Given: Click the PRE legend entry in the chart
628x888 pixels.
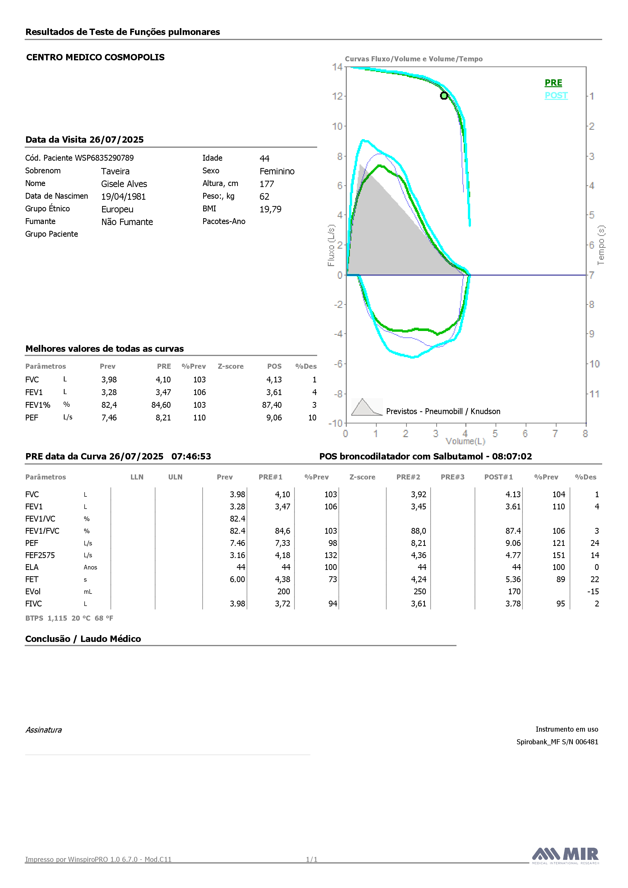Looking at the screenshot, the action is pyautogui.click(x=553, y=83).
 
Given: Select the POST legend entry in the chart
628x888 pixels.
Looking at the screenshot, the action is pyautogui.click(x=556, y=96).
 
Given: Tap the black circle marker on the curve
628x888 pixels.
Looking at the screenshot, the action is pyautogui.click(x=444, y=96).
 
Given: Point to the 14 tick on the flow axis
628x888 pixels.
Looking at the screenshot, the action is pyautogui.click(x=337, y=67).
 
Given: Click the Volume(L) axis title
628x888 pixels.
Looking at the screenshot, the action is pyautogui.click(x=465, y=441).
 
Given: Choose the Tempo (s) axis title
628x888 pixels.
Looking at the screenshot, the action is pyautogui.click(x=601, y=245).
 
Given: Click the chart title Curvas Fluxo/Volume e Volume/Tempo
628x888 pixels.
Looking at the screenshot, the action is pyautogui.click(x=414, y=59).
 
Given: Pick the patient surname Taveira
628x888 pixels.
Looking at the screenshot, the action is pyautogui.click(x=115, y=171).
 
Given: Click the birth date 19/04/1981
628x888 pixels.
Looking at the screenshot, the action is pyautogui.click(x=123, y=197).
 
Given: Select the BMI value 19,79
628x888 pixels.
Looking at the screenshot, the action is pyautogui.click(x=270, y=209).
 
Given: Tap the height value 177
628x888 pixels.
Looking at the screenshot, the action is pyautogui.click(x=267, y=184).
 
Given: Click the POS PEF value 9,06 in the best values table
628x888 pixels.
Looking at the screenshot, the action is pyautogui.click(x=274, y=418).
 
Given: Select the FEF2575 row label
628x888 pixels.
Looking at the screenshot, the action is pyautogui.click(x=40, y=556).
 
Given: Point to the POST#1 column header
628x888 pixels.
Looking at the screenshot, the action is pyautogui.click(x=499, y=477).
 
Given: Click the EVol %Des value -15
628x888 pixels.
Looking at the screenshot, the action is pyautogui.click(x=593, y=592).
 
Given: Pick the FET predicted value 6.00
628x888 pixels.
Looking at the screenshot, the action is pyautogui.click(x=237, y=579).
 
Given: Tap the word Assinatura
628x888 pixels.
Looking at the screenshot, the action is pyautogui.click(x=44, y=730).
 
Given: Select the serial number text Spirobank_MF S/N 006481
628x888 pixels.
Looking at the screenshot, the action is pyautogui.click(x=557, y=742).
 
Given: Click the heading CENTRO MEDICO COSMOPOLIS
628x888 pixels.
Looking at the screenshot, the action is pyautogui.click(x=96, y=57).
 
